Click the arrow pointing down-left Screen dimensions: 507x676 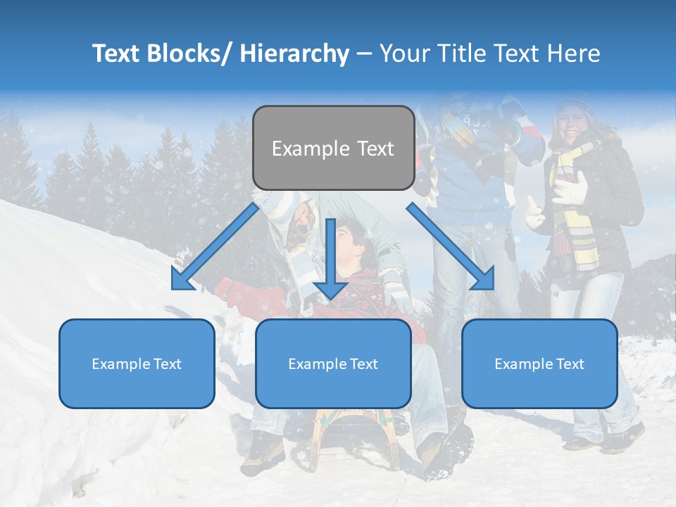click(214, 248)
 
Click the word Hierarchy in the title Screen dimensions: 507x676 click(294, 54)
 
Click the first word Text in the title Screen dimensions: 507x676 click(118, 54)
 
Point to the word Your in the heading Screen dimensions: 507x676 click(403, 54)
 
